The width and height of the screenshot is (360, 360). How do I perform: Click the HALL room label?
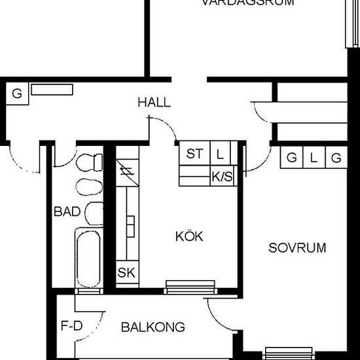click(x=154, y=103)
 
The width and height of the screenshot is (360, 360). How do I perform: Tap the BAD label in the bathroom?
click(x=67, y=211)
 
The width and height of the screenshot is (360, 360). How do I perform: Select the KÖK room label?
click(x=189, y=236)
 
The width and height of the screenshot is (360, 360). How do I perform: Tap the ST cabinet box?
click(x=194, y=154)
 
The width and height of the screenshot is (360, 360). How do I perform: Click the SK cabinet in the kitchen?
click(x=126, y=273)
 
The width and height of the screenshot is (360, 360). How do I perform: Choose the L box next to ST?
click(x=220, y=154)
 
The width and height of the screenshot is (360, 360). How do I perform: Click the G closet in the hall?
click(x=17, y=94)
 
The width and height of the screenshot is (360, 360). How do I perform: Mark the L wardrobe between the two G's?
click(x=314, y=158)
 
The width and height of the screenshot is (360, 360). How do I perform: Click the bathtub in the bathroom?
click(x=87, y=258)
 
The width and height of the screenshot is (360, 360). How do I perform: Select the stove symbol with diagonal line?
click(x=126, y=173)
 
